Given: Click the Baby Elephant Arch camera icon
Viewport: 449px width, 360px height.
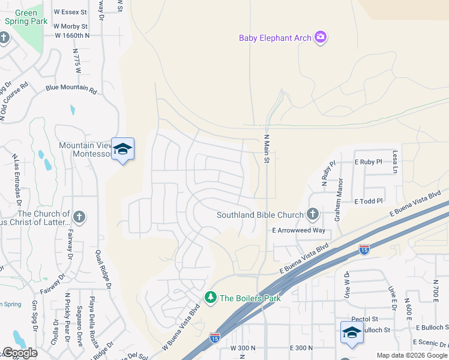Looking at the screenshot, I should click(321, 38).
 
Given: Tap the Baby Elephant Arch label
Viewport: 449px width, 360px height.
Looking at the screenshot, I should click(275, 38).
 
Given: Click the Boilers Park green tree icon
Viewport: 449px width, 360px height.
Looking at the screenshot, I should click(211, 297).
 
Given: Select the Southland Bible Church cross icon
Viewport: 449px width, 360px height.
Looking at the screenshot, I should click(312, 214).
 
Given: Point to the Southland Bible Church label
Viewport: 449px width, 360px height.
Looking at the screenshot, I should click(260, 215).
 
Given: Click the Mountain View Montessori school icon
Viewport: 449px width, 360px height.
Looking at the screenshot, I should click(122, 149).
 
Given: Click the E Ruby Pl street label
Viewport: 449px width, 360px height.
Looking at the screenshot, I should click(369, 162).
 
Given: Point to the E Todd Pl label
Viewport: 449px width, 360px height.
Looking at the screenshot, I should click(369, 201).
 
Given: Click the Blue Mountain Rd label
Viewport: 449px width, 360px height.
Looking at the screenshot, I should click(71, 89).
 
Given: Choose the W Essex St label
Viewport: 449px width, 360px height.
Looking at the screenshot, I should click(70, 11).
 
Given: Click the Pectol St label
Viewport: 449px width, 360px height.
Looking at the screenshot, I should click(365, 319).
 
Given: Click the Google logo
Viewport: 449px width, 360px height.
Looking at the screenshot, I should click(20, 352).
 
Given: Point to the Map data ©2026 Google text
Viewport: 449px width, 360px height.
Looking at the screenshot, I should click(411, 355).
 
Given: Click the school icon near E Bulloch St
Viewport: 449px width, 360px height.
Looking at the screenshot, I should click(352, 332).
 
